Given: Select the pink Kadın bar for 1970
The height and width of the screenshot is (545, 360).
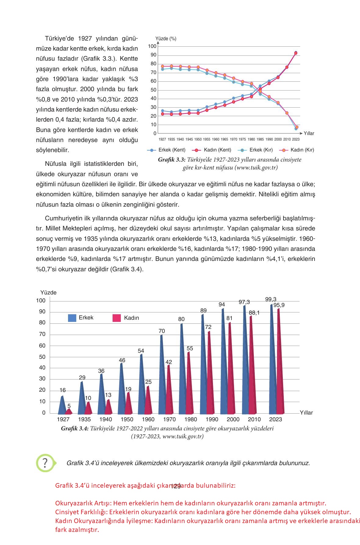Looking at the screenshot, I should tap(169, 390).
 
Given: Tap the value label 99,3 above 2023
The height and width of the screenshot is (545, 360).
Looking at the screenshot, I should tap(271, 299).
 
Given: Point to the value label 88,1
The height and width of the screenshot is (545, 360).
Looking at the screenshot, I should tap(254, 312).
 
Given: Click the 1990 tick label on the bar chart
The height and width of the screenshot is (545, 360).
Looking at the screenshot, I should tap(212, 419).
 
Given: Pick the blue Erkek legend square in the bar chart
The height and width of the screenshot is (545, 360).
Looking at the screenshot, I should tap(72, 318).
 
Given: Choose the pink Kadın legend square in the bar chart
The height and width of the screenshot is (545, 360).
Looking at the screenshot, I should tap(117, 318).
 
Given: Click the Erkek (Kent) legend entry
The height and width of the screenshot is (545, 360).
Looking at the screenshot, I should tap(167, 150).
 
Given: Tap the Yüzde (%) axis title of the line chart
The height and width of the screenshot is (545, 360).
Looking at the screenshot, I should tap(166, 39).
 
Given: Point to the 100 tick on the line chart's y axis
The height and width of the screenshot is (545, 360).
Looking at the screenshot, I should tap(152, 46).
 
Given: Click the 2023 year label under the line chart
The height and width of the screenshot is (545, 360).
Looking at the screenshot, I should tap(296, 139).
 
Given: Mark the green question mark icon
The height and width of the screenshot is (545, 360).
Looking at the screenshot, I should tap(45, 463).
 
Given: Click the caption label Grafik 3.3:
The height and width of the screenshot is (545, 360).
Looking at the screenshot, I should tap(171, 160).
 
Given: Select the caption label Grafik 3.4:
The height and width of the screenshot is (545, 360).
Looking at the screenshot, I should tap(75, 429).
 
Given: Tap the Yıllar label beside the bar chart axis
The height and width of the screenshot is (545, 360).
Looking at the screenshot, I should tap(306, 413).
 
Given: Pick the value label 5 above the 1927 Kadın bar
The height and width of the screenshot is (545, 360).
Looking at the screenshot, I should tap(69, 406).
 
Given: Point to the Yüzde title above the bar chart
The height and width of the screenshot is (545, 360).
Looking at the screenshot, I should tap(49, 293).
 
